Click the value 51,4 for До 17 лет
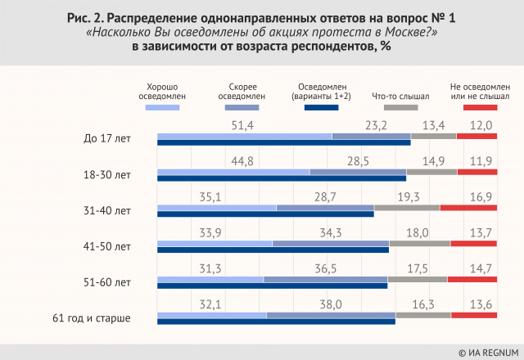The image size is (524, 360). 244,125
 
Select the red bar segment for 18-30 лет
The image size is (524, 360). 477,172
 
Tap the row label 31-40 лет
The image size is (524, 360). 108,211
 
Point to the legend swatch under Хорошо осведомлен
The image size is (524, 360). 161,107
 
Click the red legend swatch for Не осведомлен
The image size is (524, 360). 480,107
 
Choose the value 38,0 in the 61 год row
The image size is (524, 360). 331,304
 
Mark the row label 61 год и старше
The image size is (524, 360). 92,317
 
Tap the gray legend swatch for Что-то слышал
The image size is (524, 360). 400,107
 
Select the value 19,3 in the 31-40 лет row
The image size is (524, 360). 407,197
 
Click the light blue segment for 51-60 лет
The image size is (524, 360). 210,279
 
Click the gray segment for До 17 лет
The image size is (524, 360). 433,136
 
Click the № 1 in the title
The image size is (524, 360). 442,17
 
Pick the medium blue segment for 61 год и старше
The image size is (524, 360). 331,315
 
